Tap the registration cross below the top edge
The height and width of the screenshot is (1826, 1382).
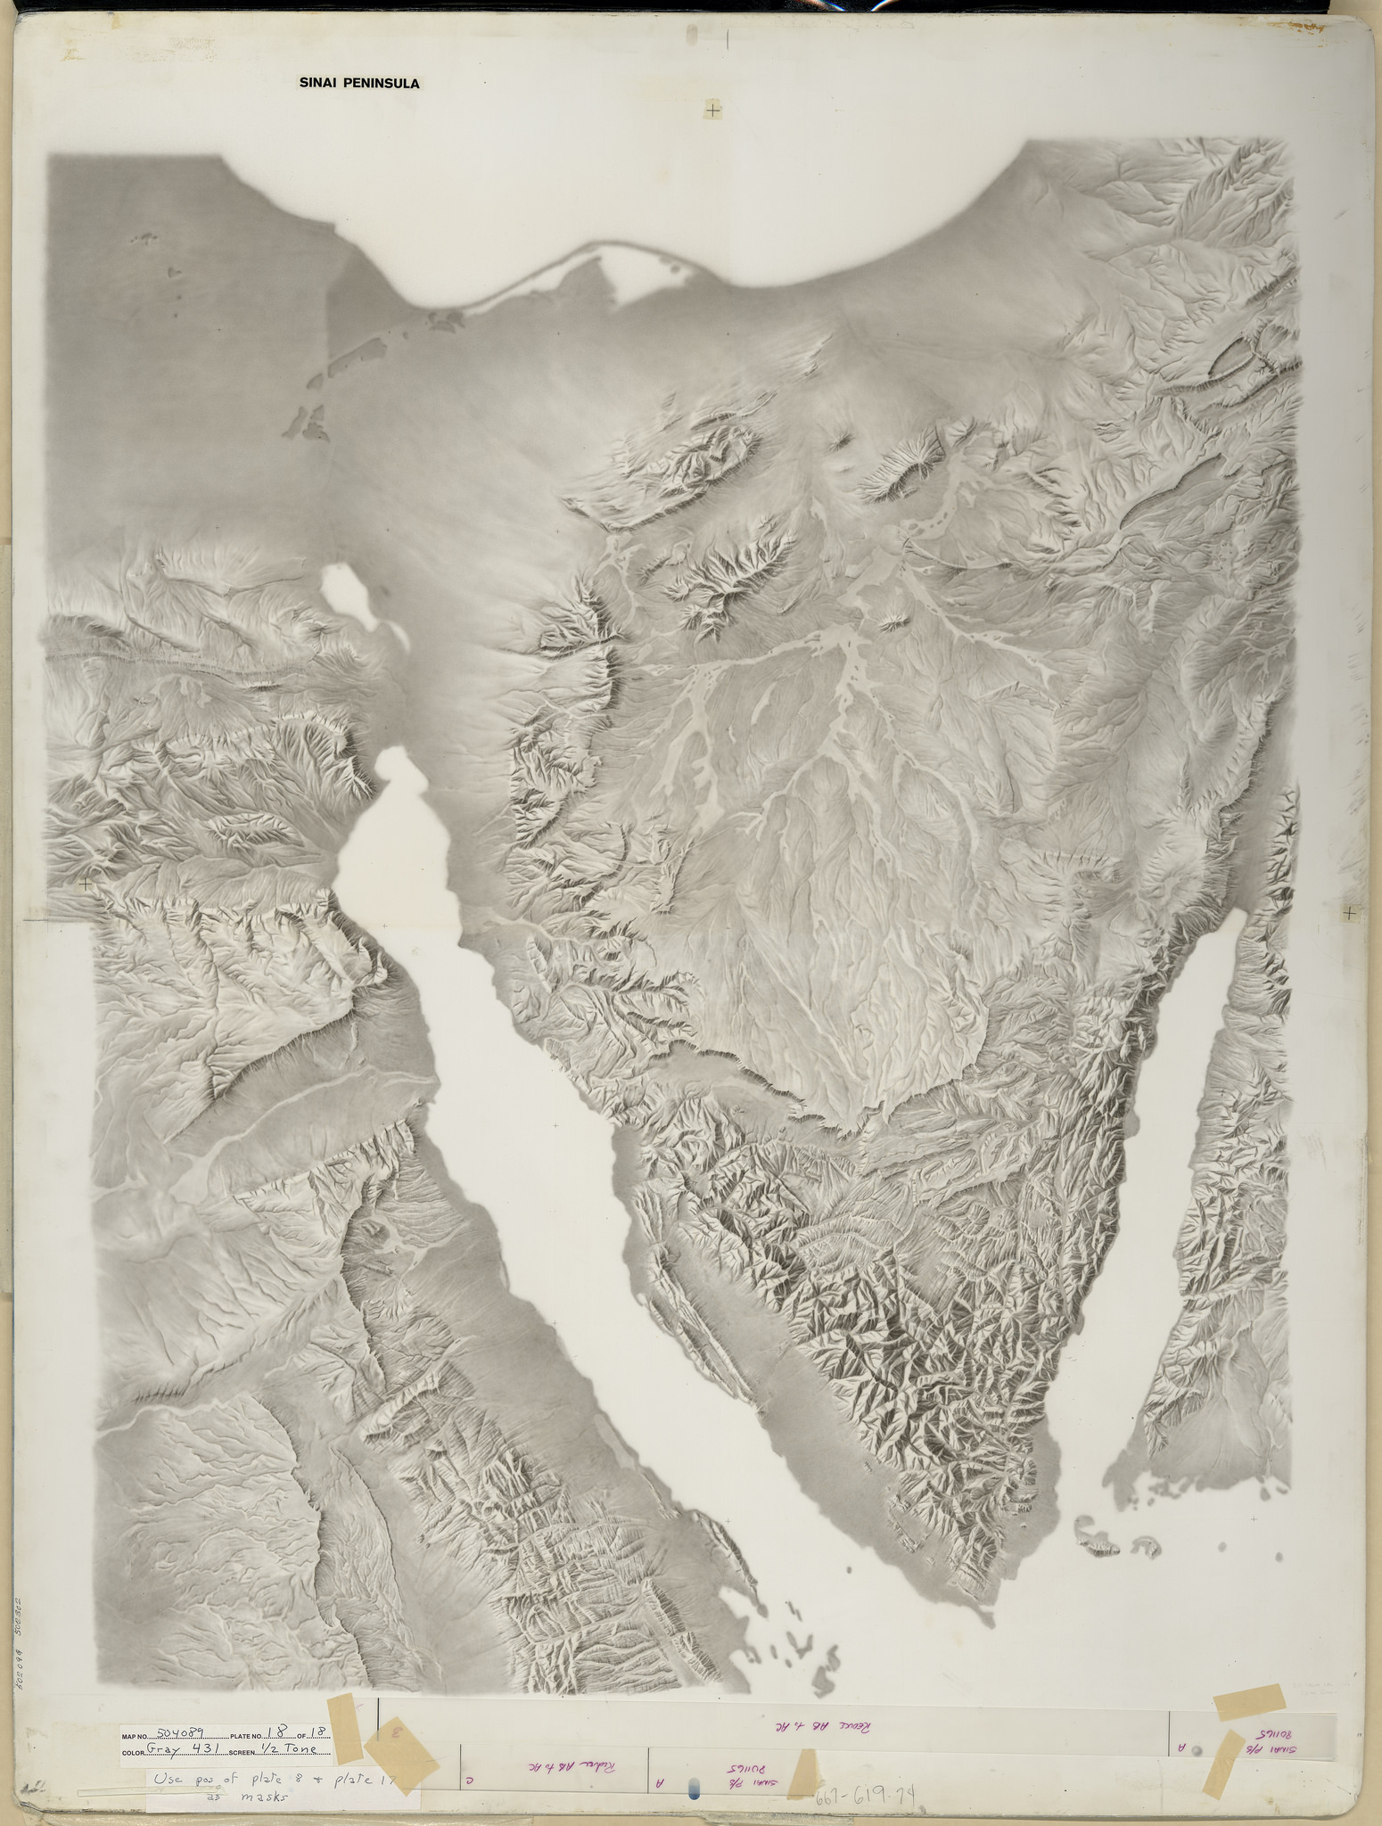click(x=713, y=111)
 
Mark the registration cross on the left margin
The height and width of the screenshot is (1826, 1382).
click(x=86, y=884)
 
